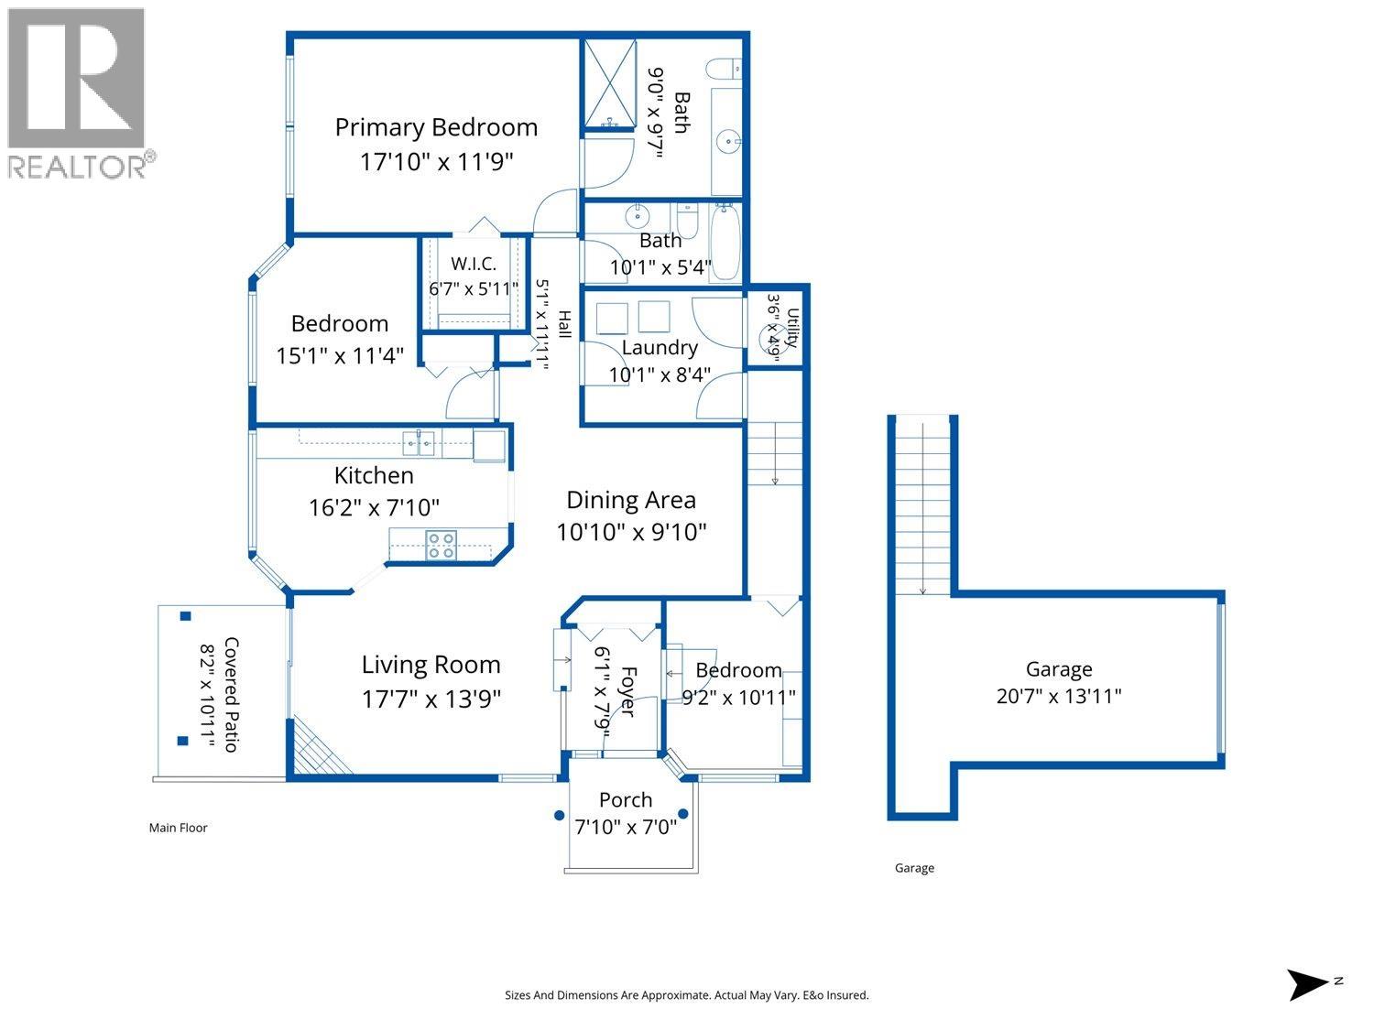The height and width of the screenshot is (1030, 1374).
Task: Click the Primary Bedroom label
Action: [436, 127]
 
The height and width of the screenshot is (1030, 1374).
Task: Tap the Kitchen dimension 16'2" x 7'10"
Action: [374, 507]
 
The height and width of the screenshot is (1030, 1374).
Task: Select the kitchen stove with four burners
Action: [441, 546]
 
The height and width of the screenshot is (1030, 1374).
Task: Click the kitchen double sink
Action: [419, 443]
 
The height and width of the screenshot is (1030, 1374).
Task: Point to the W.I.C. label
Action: [474, 264]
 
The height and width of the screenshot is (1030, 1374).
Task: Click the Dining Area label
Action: [631, 500]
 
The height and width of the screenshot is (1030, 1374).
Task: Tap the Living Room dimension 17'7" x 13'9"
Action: [431, 699]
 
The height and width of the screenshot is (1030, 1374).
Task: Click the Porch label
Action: [626, 800]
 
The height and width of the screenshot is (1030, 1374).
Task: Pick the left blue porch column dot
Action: [559, 815]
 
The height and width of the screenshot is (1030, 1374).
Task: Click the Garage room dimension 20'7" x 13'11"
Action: [1059, 696]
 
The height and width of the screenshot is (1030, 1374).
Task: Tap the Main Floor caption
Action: [178, 828]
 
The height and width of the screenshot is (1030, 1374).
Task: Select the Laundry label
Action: [660, 348]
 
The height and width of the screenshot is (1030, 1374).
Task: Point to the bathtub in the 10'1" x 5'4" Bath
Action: [725, 242]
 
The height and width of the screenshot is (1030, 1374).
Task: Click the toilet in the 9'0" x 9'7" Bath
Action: [724, 69]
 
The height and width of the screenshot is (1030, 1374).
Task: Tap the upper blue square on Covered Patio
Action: [185, 616]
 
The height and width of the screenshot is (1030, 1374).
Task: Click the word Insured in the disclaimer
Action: [847, 994]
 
